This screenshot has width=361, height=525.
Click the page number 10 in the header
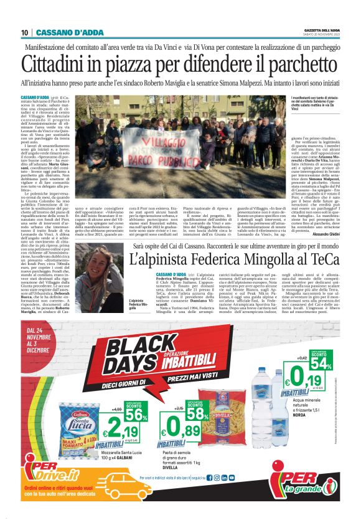point(25,32)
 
